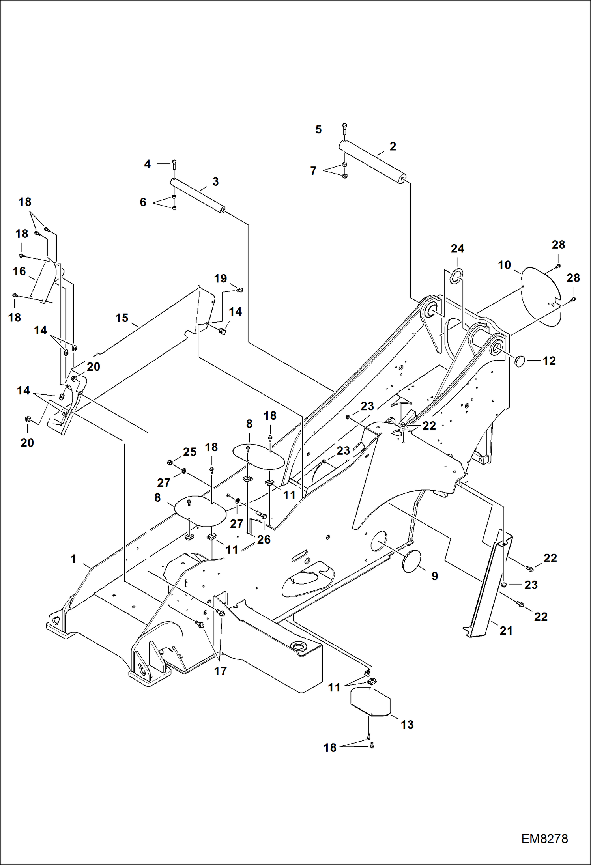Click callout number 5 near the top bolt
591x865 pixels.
pos(318,129)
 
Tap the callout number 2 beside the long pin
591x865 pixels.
pos(393,146)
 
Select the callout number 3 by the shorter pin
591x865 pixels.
pos(215,182)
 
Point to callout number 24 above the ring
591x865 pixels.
pos(457,249)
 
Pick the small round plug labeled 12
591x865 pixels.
pos(520,361)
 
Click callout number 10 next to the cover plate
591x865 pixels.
pos(504,265)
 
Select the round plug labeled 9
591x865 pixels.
pos(411,560)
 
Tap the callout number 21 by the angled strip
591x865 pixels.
pos(506,631)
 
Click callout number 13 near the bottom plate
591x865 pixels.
pos(407,725)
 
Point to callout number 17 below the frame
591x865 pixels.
pos(220,671)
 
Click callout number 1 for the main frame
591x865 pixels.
pos(73,559)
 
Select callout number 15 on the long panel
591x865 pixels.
pos(122,318)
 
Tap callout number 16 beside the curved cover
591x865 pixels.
pos(19,271)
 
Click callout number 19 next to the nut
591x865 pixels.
pos(221,279)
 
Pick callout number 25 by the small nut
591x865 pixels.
pos(189,452)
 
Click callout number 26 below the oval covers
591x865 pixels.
pos(264,539)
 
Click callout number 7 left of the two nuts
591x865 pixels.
pos(313,171)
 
